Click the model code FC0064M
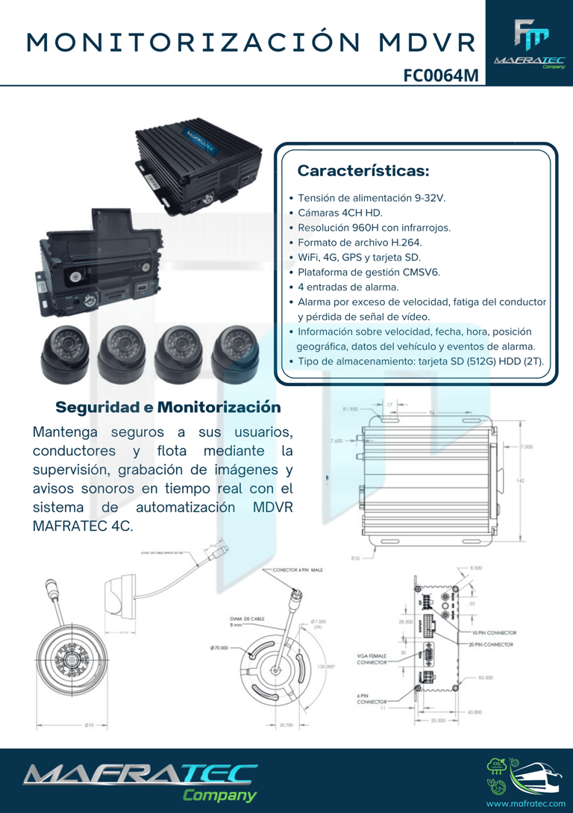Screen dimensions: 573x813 pos(440,75)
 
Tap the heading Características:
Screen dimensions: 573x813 pos(363,171)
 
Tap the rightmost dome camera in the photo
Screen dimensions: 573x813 pos(235,351)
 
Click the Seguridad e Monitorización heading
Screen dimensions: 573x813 pos(169,408)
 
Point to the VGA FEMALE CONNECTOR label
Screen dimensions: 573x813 pos(372,658)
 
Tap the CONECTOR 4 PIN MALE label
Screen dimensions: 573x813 pos(298,570)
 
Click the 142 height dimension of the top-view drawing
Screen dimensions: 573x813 pos(520,481)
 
